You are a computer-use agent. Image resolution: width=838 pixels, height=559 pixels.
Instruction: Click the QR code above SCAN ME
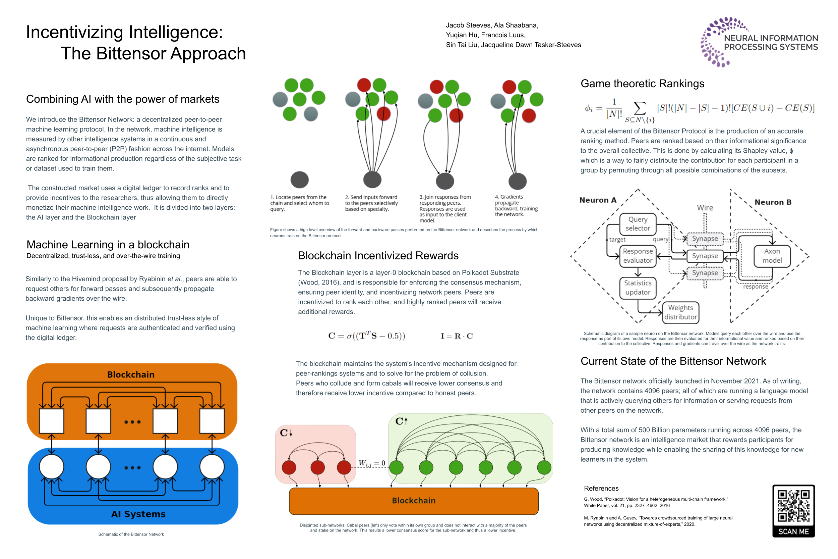click(793, 506)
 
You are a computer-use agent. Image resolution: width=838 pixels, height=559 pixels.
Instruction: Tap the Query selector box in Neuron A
click(638, 224)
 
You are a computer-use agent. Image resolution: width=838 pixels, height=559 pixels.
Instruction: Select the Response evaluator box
click(638, 256)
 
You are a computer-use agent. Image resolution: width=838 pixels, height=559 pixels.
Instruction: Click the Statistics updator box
click(638, 287)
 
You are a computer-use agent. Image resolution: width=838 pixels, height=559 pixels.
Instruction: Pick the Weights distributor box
click(680, 312)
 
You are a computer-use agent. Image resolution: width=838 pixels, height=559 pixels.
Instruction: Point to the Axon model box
click(772, 256)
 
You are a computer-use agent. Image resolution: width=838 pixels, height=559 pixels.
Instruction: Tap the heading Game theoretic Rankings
click(642, 84)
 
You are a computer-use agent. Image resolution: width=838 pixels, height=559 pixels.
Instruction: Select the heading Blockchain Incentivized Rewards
click(378, 256)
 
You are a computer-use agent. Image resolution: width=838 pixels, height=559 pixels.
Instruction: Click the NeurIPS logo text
click(771, 42)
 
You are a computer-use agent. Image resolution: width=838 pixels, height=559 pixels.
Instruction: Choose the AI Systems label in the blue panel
click(138, 514)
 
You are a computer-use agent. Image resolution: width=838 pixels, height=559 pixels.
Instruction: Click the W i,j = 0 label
click(371, 463)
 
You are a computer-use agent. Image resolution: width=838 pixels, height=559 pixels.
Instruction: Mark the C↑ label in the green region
click(401, 421)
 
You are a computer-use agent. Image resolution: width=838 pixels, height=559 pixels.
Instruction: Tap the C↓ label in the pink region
click(286, 433)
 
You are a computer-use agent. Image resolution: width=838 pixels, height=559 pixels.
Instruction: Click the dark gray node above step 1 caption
click(300, 180)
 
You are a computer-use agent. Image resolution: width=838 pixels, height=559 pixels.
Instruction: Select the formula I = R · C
click(457, 336)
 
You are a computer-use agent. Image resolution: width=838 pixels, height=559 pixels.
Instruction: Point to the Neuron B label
click(773, 202)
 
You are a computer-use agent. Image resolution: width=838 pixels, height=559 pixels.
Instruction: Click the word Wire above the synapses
click(705, 207)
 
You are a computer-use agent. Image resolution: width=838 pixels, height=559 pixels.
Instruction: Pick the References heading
click(601, 489)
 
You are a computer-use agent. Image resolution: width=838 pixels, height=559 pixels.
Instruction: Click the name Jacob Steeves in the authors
click(468, 25)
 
